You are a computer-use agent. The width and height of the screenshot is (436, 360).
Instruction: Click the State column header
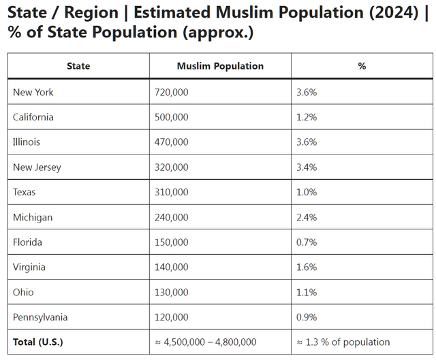[x=78, y=66]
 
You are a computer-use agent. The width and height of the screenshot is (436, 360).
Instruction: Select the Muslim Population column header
[x=220, y=66]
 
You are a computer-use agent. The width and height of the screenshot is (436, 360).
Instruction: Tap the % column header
[x=362, y=66]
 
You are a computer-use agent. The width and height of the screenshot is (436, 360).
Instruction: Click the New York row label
[x=33, y=92]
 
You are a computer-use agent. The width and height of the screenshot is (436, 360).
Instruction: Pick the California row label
[x=33, y=117]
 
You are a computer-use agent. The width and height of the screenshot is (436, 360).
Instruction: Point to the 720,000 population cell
[x=172, y=92]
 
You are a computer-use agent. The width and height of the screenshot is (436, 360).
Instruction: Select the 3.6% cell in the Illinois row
[x=307, y=142]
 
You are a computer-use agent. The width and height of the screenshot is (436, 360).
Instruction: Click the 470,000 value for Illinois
[x=172, y=142]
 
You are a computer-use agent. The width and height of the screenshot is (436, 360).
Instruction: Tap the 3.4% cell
[x=307, y=167]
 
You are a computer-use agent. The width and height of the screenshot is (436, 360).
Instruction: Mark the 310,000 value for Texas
[x=172, y=192]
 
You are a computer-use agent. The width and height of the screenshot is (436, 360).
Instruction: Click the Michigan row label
[x=33, y=217]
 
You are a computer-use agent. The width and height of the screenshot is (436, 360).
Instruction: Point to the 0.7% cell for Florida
[x=307, y=242]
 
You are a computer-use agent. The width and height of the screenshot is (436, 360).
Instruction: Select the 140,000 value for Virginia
[x=172, y=267]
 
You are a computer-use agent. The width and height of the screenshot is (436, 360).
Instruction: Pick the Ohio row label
[x=23, y=292]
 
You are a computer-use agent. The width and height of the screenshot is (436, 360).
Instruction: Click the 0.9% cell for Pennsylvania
[x=307, y=317]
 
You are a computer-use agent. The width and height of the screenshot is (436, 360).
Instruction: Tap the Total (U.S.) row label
[x=38, y=342]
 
